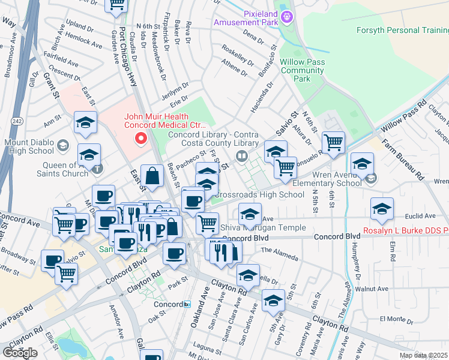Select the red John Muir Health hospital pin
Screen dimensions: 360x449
142,139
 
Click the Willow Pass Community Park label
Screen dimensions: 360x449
303,70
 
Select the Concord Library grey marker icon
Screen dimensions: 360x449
242,157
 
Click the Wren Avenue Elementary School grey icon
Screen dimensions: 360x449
372,178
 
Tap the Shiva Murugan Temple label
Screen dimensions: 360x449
264,227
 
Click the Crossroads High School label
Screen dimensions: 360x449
259,194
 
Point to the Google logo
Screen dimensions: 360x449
20,353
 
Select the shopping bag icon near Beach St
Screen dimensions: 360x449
152,176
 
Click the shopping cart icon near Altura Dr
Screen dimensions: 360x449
333,143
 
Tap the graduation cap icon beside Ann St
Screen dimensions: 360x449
85,123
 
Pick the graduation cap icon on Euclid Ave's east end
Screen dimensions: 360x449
382,209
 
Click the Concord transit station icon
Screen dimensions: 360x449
187,304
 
